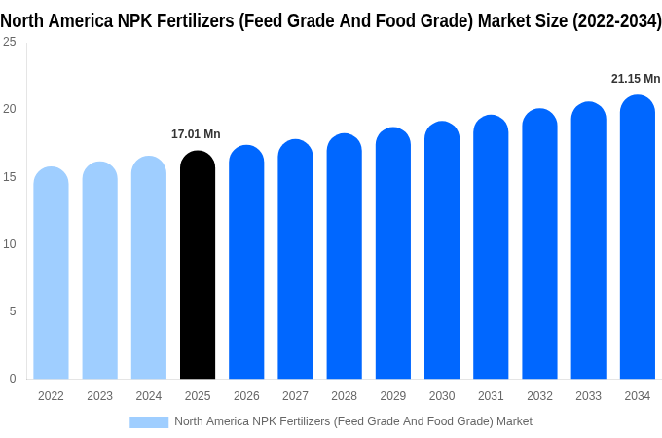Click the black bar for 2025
tap(198, 265)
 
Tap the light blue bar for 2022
tap(51, 273)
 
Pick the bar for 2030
tap(442, 250)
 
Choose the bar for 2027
tap(295, 259)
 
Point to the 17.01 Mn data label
tap(196, 134)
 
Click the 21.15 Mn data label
tap(635, 79)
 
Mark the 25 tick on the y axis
tap(9, 42)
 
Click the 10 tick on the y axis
tap(9, 243)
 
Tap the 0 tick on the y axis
tap(12, 379)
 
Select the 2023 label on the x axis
tap(99, 396)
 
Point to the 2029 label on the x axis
tap(392, 396)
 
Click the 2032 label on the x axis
tap(539, 396)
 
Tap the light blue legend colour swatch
tap(149, 421)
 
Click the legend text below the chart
tap(352, 421)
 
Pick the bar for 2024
tap(149, 268)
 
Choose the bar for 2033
tap(588, 240)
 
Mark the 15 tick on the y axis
tap(9, 176)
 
